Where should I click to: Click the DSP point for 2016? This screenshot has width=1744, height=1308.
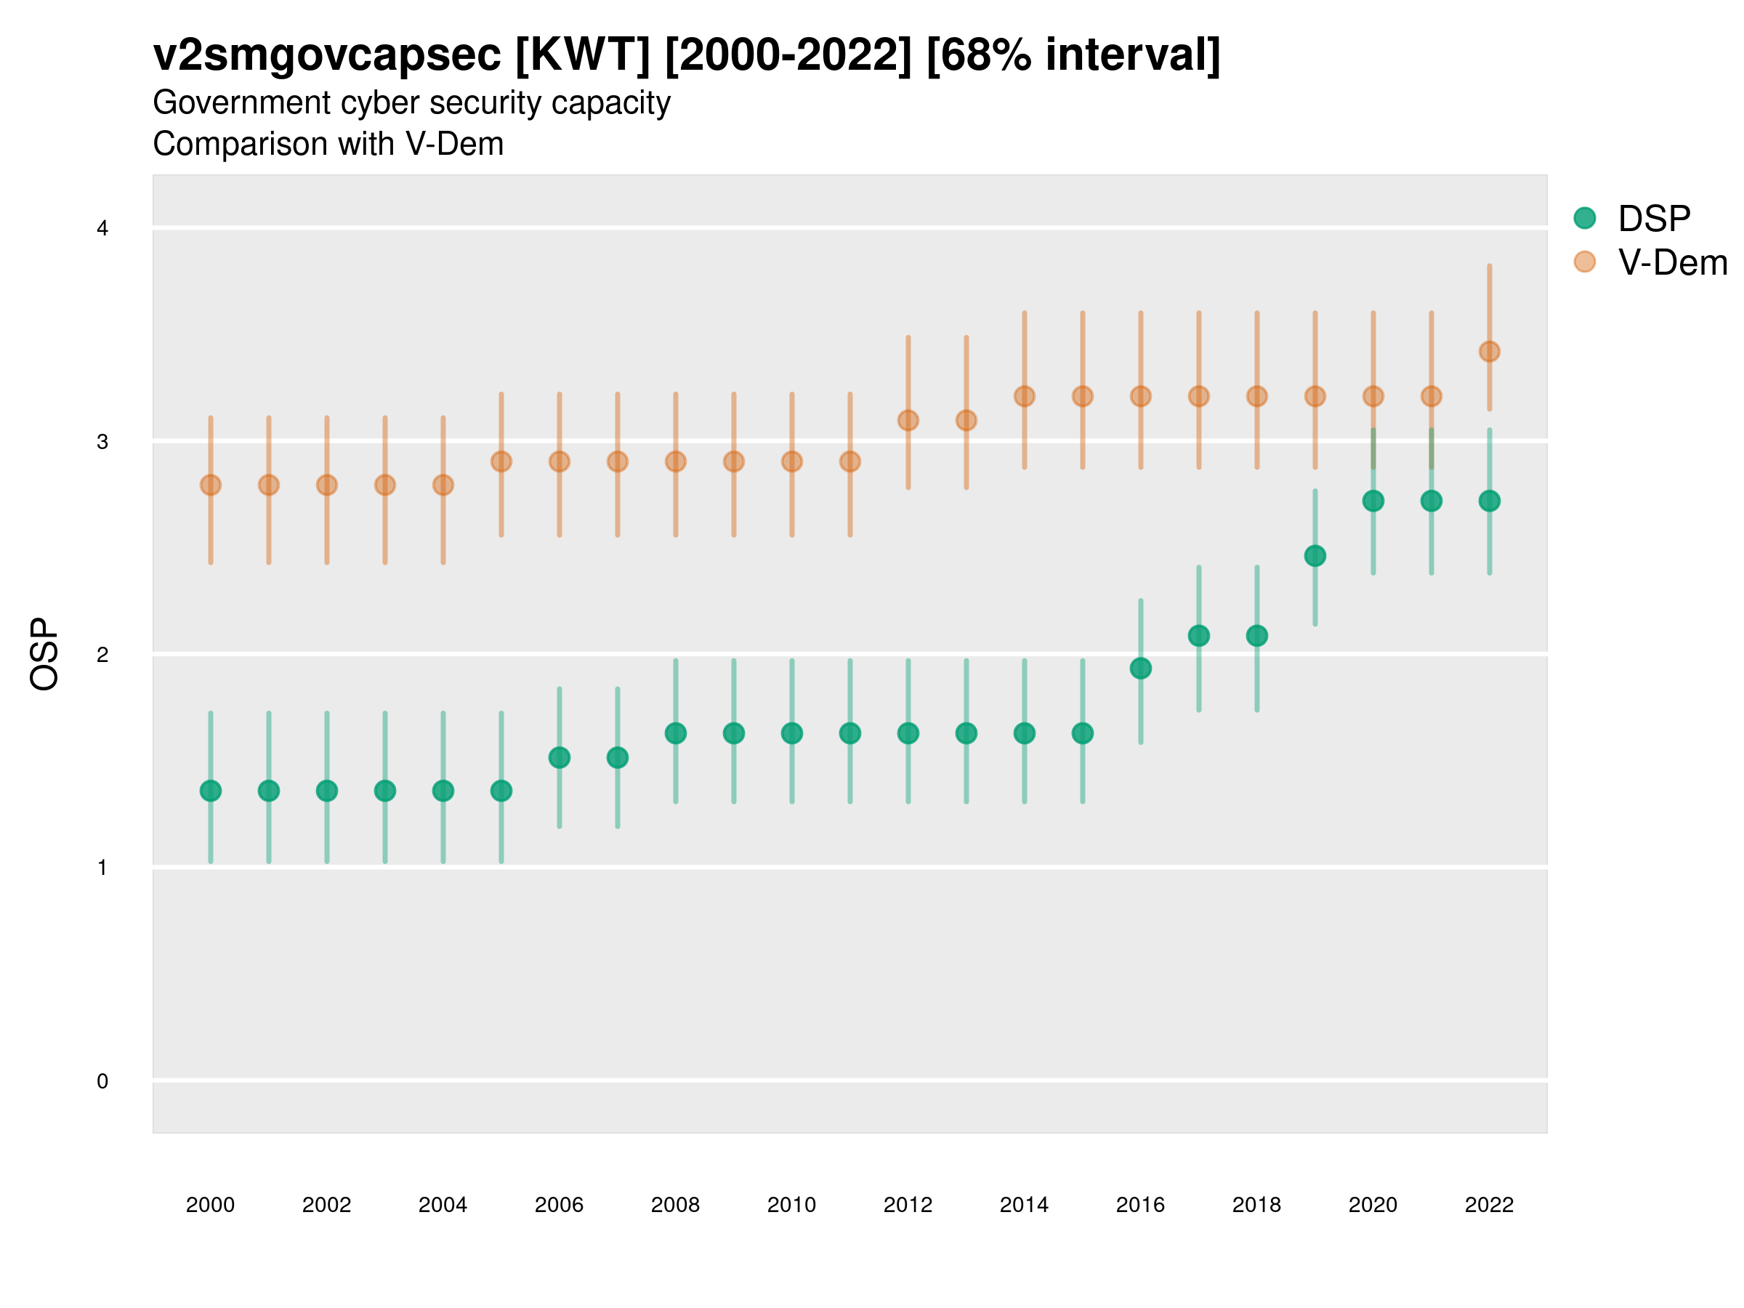point(1140,669)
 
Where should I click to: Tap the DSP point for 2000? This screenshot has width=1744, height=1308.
point(211,791)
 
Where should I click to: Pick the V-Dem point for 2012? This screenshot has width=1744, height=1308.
point(908,420)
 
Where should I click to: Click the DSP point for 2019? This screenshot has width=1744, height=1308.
point(1315,556)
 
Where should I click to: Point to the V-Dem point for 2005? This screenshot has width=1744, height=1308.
point(501,461)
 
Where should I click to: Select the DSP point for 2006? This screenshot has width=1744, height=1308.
point(559,758)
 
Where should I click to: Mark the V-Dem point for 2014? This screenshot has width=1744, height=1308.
point(1024,396)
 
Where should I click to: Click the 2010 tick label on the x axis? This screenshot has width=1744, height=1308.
point(791,1205)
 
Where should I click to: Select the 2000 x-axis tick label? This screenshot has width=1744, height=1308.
point(211,1205)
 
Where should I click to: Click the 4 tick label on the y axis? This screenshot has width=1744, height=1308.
point(102,229)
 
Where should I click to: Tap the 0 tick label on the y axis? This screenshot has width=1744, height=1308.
point(102,1081)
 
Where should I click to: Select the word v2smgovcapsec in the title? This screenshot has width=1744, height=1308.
point(327,55)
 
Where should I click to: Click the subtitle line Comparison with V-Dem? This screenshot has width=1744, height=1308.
point(328,145)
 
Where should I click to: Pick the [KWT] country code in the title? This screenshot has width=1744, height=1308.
point(583,55)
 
